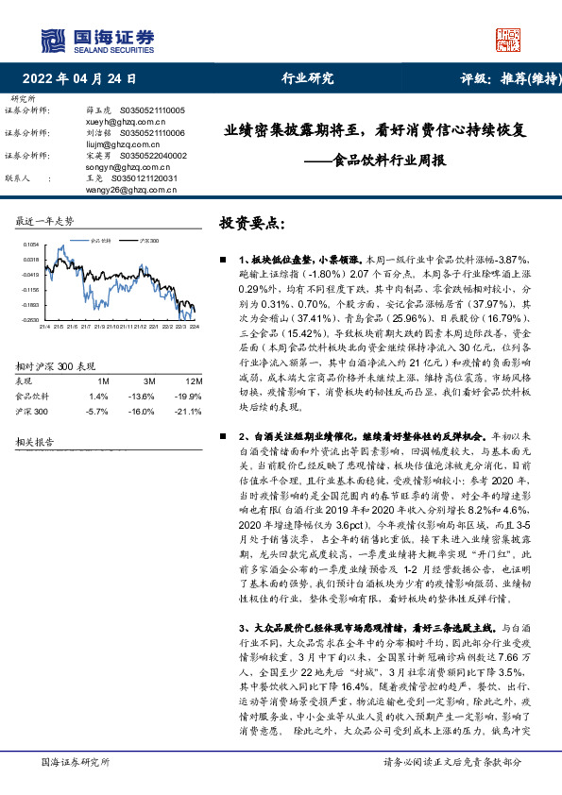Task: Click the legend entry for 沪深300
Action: coord(148,242)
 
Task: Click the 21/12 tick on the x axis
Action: coord(140,327)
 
